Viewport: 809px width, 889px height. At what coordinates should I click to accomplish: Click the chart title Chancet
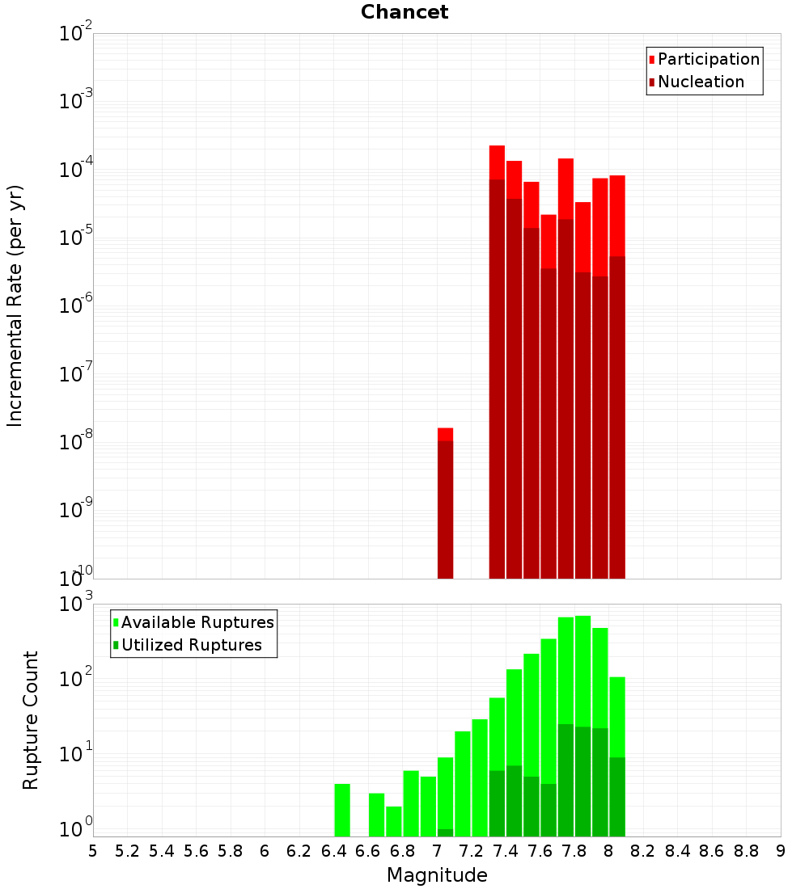pos(404,12)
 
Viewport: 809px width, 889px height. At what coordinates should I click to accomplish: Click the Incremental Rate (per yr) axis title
pos(15,306)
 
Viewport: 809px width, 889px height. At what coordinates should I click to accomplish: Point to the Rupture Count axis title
pos(31,720)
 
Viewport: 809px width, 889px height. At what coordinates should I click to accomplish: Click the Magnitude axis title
pos(437,875)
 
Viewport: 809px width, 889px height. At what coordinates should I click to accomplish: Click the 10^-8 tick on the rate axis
pos(76,442)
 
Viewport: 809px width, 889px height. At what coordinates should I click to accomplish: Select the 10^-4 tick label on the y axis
pos(76,170)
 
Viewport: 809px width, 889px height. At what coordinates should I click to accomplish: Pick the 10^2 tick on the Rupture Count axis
pos(76,678)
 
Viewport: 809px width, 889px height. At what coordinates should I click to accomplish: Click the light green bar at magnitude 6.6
pos(376,815)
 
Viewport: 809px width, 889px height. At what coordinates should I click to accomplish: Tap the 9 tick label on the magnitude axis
pos(781,851)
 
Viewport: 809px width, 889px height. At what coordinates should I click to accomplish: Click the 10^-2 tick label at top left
pos(76,34)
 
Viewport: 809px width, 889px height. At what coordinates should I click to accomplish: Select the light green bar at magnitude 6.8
pos(411,803)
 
